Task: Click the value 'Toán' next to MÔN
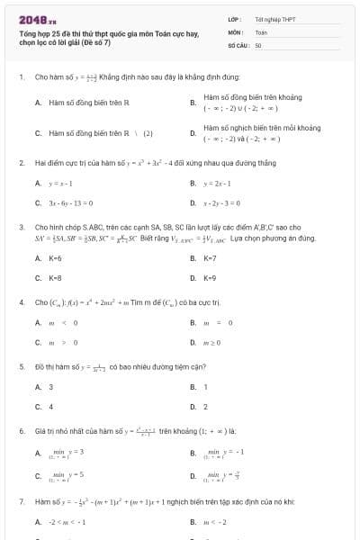click(x=261, y=31)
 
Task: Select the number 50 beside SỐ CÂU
click(x=258, y=43)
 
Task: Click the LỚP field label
click(x=234, y=18)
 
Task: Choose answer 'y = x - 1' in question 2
click(x=59, y=183)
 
